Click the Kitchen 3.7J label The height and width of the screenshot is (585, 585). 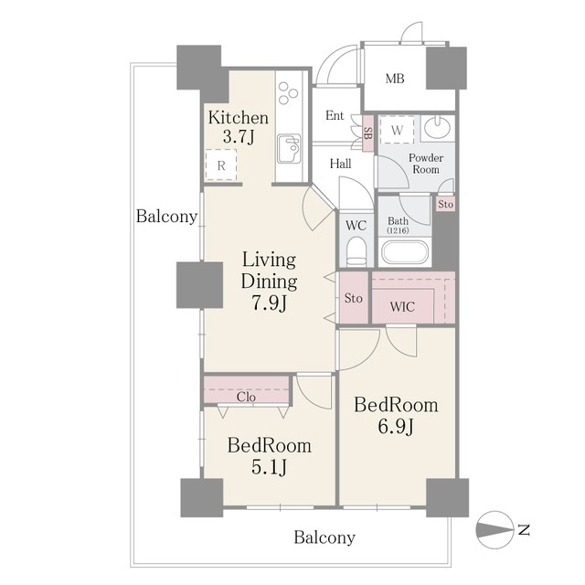239,127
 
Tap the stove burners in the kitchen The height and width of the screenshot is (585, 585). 288,92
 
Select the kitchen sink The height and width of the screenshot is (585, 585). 290,148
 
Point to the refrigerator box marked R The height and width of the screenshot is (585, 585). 221,165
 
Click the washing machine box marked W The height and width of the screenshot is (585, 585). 397,130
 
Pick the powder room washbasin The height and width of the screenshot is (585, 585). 437,128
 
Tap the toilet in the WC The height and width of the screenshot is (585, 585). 356,252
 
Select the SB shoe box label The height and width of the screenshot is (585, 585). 367,133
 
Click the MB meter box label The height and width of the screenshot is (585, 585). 395,79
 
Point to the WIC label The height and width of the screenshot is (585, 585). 402,307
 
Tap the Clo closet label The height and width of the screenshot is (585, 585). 246,397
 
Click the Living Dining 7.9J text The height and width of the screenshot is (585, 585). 269,281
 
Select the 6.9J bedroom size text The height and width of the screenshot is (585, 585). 396,426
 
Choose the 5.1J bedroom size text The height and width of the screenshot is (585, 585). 269,466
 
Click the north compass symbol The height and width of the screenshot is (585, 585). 495,530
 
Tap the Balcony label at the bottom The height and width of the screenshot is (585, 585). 324,537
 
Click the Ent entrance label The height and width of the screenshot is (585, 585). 335,115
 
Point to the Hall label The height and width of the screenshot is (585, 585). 340,164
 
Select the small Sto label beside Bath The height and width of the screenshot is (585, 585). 445,204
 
